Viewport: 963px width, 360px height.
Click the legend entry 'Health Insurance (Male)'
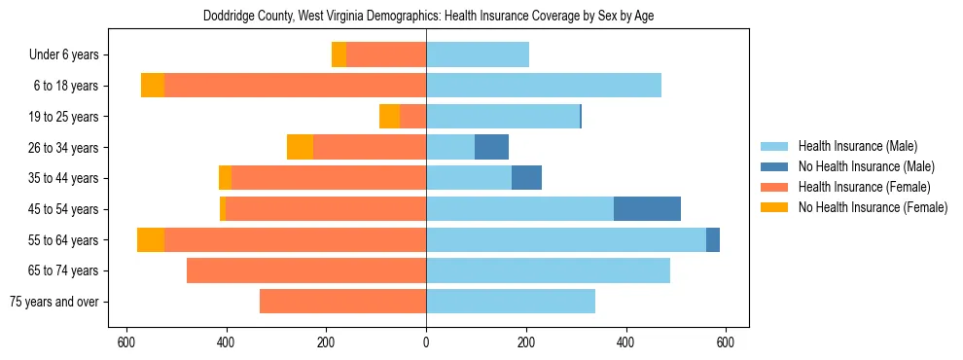(x=857, y=147)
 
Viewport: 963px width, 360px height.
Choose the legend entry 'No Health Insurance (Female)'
(x=873, y=207)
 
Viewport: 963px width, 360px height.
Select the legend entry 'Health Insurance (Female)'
(x=864, y=187)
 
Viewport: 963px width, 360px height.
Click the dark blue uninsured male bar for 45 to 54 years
(x=647, y=209)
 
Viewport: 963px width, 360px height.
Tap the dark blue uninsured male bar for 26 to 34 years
(x=491, y=148)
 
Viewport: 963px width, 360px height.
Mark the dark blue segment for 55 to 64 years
(x=713, y=240)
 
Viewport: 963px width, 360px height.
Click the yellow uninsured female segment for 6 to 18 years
(x=153, y=86)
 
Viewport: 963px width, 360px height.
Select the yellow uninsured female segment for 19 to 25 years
(x=389, y=117)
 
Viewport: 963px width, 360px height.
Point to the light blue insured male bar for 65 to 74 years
(x=548, y=270)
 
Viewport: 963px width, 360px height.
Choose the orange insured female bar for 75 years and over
(x=342, y=302)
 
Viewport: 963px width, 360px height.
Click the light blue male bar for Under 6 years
(x=478, y=55)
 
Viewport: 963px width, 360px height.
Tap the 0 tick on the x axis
(x=426, y=342)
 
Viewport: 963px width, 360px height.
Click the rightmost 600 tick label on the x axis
(x=725, y=342)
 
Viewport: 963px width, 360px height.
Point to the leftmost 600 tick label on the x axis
(x=125, y=342)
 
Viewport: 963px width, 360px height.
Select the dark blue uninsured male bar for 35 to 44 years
(x=526, y=178)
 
